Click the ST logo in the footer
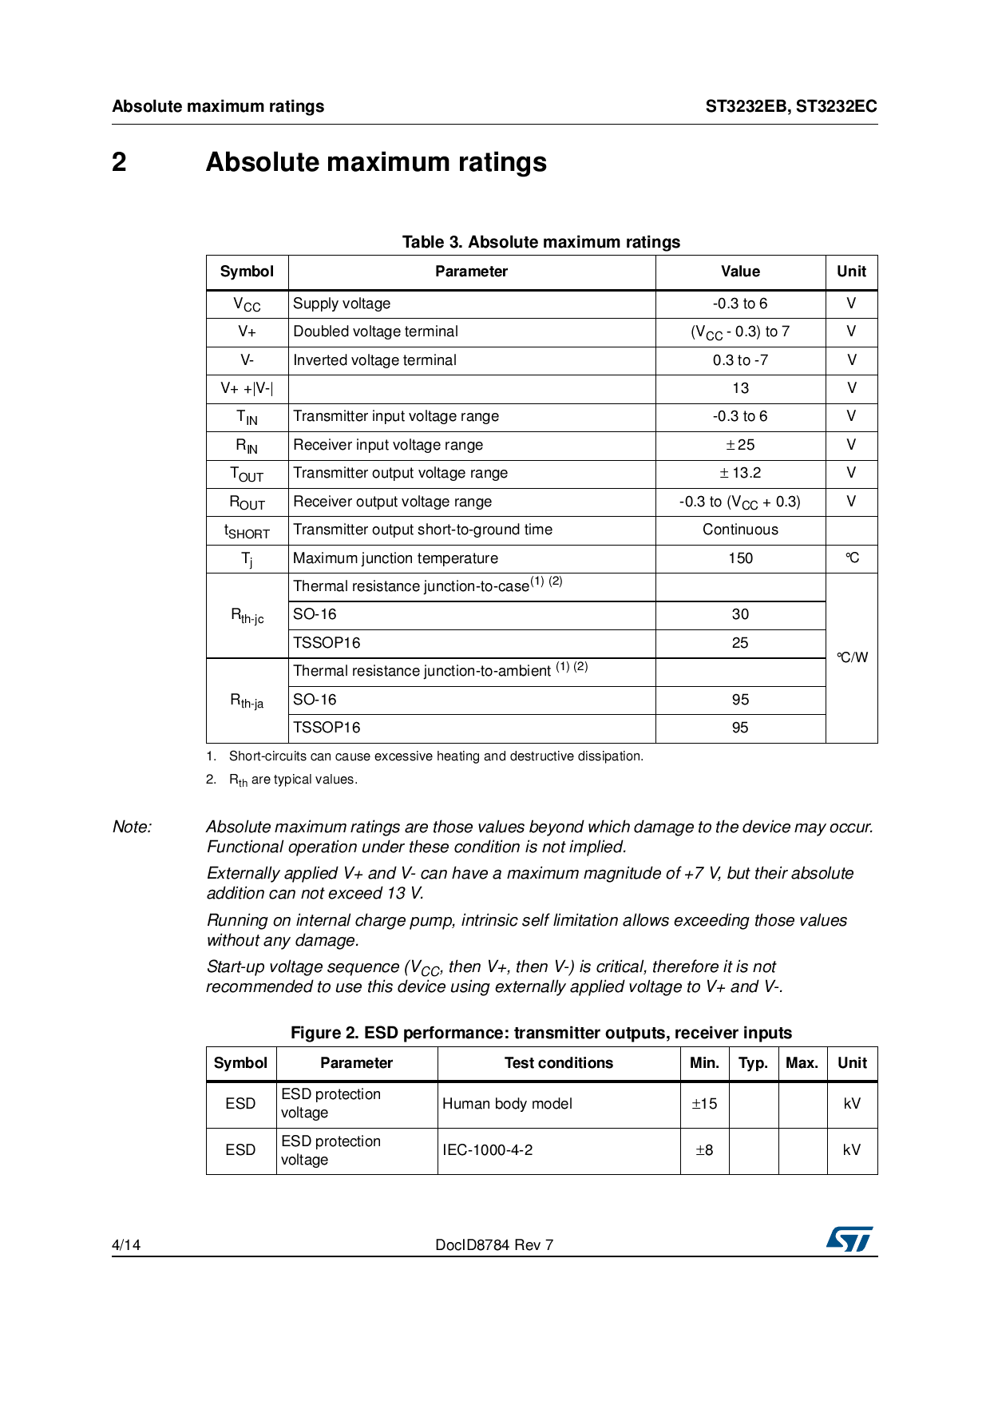pos(849,1239)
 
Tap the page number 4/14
pos(126,1244)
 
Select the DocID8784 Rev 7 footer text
pos(494,1244)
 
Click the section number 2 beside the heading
pos(119,162)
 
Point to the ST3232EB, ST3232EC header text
pos(790,106)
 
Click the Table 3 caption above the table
pos(541,242)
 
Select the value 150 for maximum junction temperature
pos(740,558)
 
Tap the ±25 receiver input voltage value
pos(740,445)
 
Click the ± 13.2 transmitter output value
pos(740,473)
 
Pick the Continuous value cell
pos(740,530)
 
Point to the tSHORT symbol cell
pos(247,531)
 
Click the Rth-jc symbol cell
pos(247,616)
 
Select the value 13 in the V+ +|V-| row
pos(740,388)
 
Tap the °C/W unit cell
pos(852,657)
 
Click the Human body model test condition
pos(507,1104)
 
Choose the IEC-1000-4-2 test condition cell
pos(487,1150)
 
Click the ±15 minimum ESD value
pos(704,1104)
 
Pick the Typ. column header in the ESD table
pos(753,1063)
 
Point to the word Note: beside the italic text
pos(132,827)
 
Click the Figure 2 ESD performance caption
pos(541,1033)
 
